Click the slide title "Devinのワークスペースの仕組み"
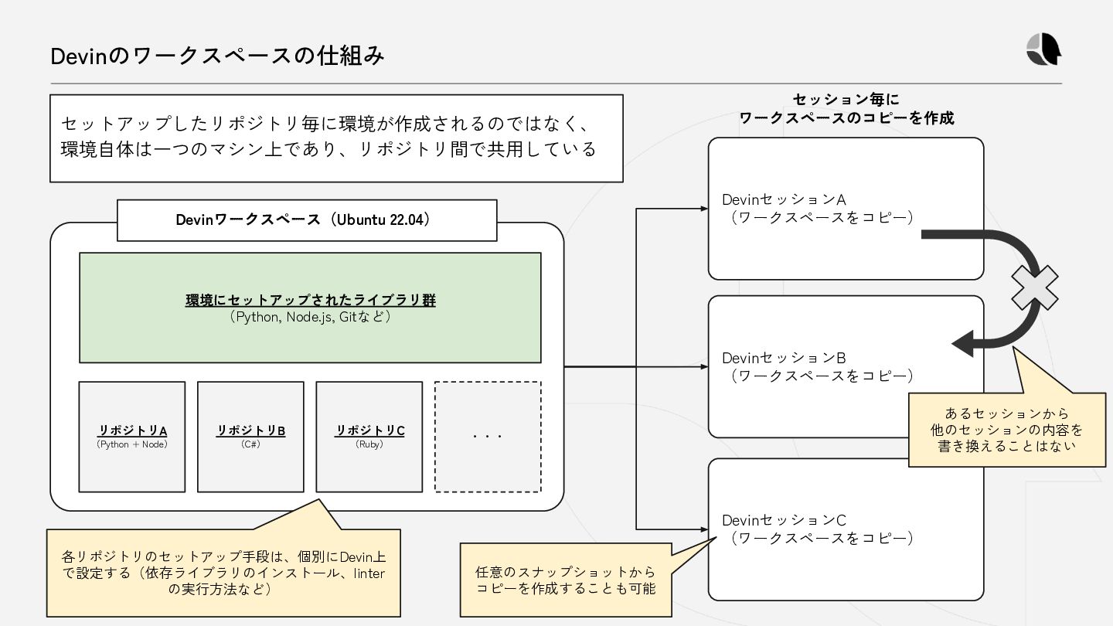coord(217,56)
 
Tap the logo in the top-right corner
coord(1043,51)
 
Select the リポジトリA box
coord(132,437)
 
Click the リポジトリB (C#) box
coord(250,437)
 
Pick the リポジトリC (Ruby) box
coord(369,437)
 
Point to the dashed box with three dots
coord(488,437)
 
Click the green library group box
coord(310,308)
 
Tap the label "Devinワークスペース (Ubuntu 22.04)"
coord(307,220)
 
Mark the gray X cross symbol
coord(1036,287)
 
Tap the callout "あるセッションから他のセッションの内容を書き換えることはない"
coord(1006,430)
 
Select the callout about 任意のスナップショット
coord(565,580)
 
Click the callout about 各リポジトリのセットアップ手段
coord(223,573)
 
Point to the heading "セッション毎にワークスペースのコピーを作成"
coord(846,109)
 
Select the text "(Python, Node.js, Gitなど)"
coord(310,317)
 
